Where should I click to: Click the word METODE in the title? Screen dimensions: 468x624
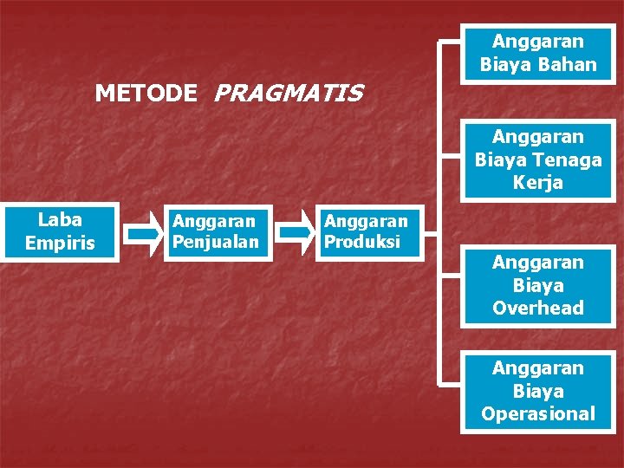146,93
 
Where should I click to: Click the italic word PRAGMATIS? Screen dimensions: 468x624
287,93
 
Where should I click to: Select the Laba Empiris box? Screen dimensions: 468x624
60,231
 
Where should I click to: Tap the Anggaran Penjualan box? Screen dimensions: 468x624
216,232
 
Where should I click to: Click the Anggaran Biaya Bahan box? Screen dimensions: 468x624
538,53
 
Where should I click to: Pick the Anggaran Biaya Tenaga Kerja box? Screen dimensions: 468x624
538,159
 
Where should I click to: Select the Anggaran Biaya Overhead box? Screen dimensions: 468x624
538,285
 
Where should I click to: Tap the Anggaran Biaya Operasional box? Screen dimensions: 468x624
538,391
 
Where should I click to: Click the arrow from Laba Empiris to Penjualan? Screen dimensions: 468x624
140,233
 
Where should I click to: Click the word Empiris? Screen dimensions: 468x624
60,244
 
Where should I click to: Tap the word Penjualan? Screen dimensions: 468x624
216,242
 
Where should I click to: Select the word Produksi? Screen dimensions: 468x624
362,242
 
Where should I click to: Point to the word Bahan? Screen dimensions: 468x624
566,64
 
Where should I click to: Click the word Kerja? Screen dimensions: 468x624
538,183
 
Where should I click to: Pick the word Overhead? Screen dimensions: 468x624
538,308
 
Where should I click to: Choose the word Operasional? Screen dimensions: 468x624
538,413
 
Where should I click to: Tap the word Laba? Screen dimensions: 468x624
60,220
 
